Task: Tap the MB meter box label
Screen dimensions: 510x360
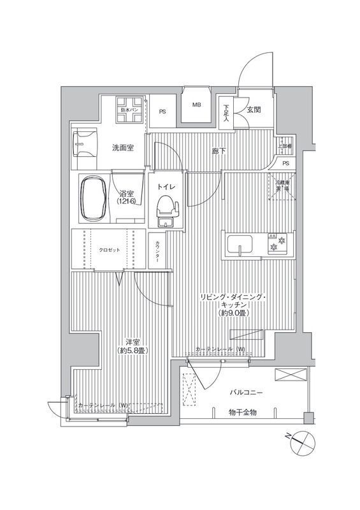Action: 198,105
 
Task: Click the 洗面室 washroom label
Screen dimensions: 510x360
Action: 123,148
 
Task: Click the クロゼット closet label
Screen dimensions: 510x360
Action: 108,249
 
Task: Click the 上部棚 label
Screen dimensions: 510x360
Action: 285,145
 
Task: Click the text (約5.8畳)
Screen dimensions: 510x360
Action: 133,351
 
